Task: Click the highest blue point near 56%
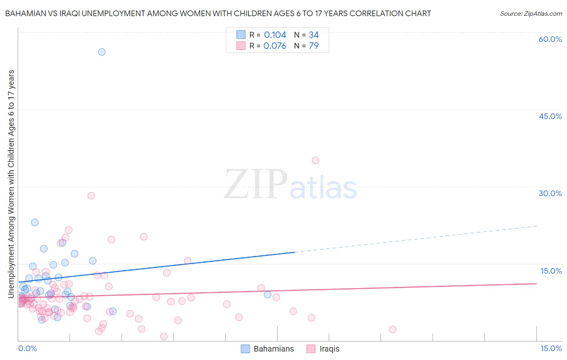coord(102,52)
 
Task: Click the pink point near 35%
coord(315,161)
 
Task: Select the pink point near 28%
coord(91,196)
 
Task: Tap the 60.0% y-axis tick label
coord(550,39)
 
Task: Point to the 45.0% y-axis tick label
coord(550,116)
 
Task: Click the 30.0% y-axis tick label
coord(550,193)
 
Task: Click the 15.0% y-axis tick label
coord(551,271)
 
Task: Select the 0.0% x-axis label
coord(27,348)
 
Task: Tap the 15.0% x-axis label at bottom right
coord(551,348)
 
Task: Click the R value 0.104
coord(275,35)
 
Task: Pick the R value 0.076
coord(275,46)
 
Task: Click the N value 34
coord(314,35)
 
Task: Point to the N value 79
coord(314,46)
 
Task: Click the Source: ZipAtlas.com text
coord(531,13)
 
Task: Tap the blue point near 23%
coord(35,222)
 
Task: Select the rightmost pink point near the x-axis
coord(392,329)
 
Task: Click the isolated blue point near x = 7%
coord(267,295)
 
